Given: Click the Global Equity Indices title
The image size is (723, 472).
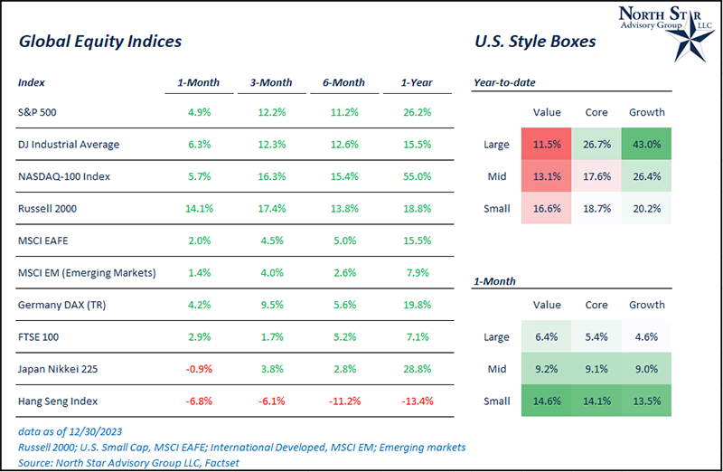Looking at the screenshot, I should coord(100,42).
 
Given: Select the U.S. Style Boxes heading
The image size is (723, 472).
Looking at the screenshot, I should coord(535,42).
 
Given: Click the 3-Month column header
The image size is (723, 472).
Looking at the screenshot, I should coord(271,83).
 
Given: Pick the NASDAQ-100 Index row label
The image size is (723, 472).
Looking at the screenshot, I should coord(63,176).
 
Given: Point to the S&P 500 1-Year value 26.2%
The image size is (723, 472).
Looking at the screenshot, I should coord(417,113).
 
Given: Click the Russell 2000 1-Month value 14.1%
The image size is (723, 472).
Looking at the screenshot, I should coord(199,208).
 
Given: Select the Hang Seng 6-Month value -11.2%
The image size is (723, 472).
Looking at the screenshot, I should coord(343,400).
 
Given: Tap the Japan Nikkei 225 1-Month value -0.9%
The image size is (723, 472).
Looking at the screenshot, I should coord(199,368).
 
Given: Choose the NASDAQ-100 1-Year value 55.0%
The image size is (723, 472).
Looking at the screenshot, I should coord(417,176).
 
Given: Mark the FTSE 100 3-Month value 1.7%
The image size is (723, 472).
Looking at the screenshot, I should coord(271,336).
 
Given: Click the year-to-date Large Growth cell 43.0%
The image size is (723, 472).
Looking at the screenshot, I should coord(646,144).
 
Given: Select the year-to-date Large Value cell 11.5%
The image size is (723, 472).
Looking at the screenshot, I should coord(548,144).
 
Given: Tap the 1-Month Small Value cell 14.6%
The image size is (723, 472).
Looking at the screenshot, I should coord(548,400).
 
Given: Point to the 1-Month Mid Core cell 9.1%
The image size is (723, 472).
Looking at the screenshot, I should coord(596,368).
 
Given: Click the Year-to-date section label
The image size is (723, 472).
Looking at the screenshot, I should coord(504,83).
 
